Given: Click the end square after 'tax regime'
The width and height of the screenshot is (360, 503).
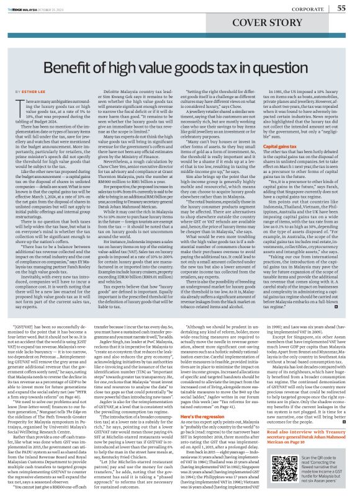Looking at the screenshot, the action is click(336, 289).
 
